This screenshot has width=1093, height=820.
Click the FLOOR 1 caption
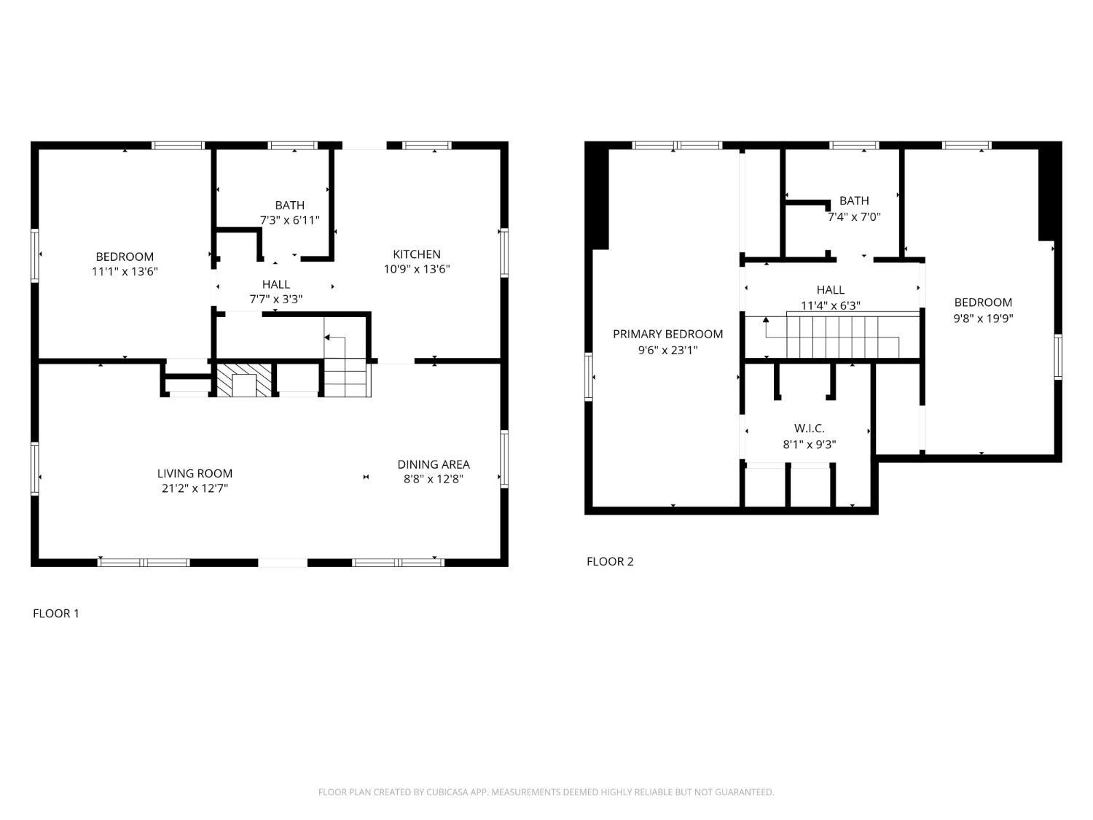click(x=56, y=614)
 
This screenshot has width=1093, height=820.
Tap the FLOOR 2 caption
click(x=610, y=561)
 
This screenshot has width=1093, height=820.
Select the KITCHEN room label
click(x=416, y=254)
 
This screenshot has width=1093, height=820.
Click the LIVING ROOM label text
click(x=195, y=474)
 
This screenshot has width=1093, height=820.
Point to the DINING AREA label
click(x=434, y=464)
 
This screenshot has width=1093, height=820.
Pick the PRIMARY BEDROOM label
click(x=667, y=334)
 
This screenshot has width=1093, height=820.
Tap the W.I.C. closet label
click(x=809, y=428)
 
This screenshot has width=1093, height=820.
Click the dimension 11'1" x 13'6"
click(x=125, y=271)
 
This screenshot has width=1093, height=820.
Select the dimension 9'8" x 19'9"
click(x=983, y=318)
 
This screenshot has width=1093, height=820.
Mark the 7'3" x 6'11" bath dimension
click(x=289, y=220)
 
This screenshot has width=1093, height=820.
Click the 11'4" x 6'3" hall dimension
click(x=830, y=305)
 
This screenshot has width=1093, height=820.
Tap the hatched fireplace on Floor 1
click(x=244, y=380)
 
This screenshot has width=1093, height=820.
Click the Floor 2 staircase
click(x=842, y=337)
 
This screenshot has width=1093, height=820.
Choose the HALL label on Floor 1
click(x=276, y=284)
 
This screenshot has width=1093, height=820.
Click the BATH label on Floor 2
click(x=854, y=200)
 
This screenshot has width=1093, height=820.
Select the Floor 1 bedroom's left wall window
click(x=35, y=255)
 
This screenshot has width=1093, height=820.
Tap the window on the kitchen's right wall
click(x=504, y=252)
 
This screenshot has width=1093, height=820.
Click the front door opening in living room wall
click(x=282, y=563)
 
